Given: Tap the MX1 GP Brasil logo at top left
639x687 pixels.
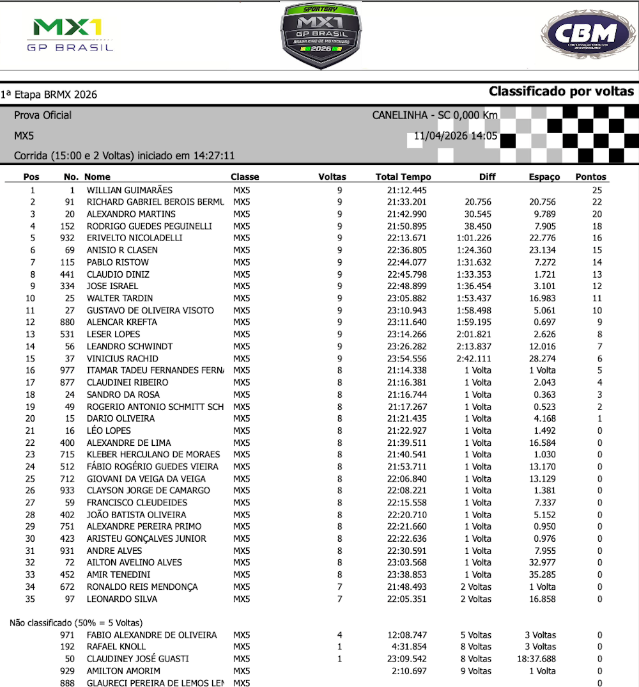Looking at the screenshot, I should [x=70, y=35].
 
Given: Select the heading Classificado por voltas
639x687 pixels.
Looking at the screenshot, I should [x=561, y=91].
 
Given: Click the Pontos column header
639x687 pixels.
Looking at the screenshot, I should [x=590, y=177].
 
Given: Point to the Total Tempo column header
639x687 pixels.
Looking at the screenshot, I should [x=403, y=177].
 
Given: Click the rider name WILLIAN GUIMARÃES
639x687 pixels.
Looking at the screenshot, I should [x=130, y=190].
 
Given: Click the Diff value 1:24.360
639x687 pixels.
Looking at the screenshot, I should [x=473, y=250].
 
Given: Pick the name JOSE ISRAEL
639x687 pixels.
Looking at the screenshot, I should [x=112, y=286].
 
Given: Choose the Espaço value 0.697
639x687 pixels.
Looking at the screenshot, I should [x=544, y=322].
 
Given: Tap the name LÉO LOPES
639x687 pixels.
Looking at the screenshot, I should [x=109, y=430].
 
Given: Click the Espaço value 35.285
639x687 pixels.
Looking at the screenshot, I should [x=541, y=574].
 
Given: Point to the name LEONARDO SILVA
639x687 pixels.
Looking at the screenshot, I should [x=121, y=599].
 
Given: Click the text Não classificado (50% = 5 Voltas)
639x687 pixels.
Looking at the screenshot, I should [x=76, y=622].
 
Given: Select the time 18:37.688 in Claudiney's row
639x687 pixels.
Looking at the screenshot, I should [x=536, y=659].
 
